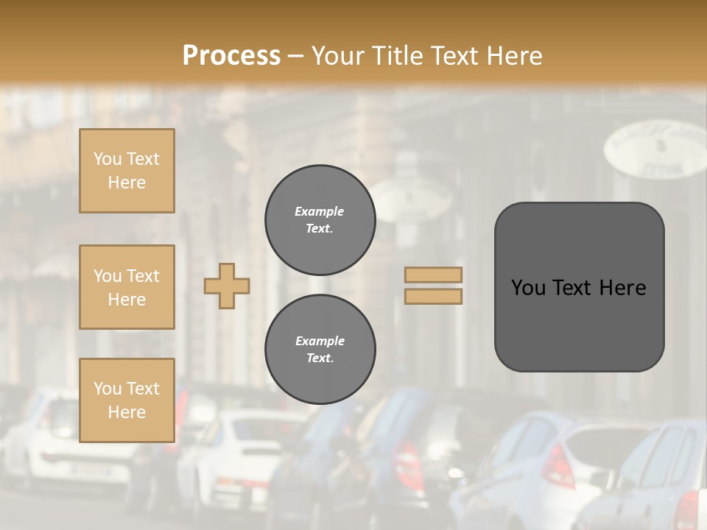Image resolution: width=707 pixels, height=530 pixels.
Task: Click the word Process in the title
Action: coord(231,56)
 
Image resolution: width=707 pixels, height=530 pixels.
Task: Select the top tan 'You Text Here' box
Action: coord(127,171)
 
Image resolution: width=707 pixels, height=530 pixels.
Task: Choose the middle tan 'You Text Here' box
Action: coord(127,287)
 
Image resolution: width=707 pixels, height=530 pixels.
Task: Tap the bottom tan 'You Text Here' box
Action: coord(127,400)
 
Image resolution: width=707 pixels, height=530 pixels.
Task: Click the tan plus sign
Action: coord(227,286)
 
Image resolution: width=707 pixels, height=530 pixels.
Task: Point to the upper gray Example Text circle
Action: coord(320,220)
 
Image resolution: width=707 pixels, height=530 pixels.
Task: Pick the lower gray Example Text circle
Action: coord(320,350)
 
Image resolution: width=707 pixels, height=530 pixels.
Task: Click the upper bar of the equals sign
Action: coord(434,275)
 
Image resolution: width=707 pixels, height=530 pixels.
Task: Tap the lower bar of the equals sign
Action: coord(434,296)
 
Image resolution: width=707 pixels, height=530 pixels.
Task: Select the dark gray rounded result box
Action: coord(579,287)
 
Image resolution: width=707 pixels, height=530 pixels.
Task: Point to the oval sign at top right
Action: coord(655,149)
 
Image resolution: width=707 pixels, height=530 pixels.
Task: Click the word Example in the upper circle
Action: coord(320,211)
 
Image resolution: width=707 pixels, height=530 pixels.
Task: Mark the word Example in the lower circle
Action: coord(320,341)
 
